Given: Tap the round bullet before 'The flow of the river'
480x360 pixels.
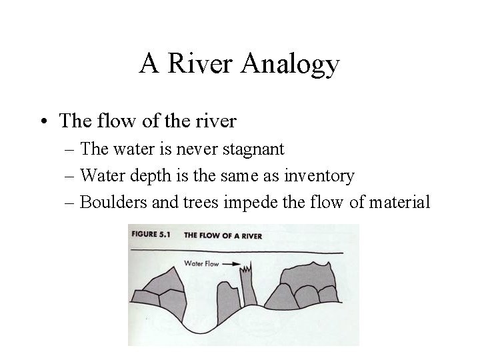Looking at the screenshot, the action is [43, 121].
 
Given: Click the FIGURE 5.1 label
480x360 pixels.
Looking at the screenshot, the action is [153, 235].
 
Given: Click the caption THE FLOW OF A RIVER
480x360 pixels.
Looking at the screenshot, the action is [223, 235].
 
